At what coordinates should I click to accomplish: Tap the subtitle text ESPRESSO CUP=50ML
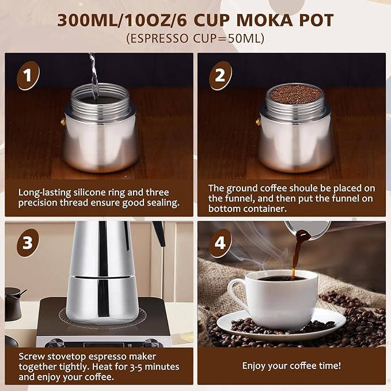[x=195, y=39]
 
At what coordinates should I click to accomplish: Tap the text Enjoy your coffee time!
[x=291, y=366]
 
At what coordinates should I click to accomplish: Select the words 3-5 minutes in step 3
[x=151, y=366]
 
